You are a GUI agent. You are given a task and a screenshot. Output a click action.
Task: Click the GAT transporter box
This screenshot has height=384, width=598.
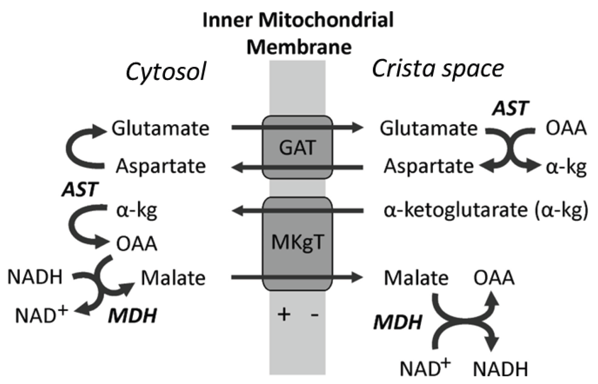tap(297, 148)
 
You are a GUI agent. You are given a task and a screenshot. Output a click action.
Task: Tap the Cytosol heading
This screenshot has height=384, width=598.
tap(166, 72)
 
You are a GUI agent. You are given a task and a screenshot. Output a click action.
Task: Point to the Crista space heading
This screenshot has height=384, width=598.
tap(437, 69)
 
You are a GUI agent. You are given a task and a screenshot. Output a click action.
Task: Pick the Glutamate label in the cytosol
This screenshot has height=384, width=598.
tap(160, 129)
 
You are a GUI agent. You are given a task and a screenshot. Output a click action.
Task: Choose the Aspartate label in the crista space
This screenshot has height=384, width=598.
tap(429, 166)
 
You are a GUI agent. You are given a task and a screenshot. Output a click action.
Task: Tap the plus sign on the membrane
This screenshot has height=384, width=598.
tap(284, 314)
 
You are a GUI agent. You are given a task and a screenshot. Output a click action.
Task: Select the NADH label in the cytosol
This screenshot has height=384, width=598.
tap(35, 277)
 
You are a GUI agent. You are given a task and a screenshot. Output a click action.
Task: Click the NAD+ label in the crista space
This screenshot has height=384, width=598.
tap(425, 367)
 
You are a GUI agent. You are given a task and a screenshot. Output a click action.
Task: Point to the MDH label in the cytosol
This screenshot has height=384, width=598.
tap(132, 316)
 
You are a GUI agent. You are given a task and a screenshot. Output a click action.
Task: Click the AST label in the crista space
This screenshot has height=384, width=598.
tap(511, 108)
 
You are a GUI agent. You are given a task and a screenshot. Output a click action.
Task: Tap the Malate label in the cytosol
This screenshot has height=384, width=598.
tap(173, 278)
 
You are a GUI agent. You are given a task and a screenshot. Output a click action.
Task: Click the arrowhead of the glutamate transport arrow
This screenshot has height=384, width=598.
tap(357, 128)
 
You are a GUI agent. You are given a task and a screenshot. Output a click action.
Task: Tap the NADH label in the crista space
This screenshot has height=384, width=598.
tap(500, 369)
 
